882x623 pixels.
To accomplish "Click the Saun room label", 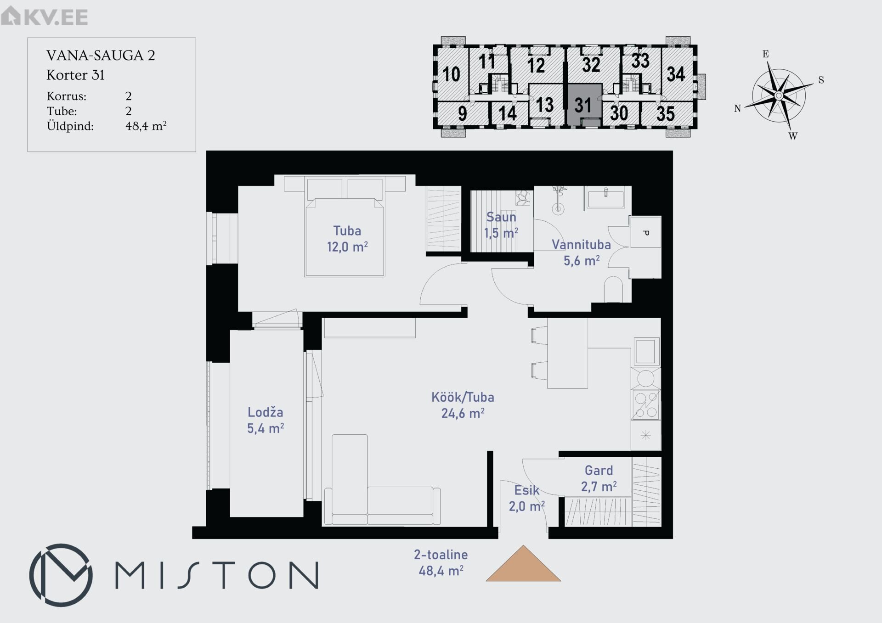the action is (x=501, y=217).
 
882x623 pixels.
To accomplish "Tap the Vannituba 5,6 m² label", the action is (x=581, y=253).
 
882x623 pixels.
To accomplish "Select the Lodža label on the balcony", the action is (x=265, y=412).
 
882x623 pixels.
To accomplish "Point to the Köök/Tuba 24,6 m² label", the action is (x=463, y=405).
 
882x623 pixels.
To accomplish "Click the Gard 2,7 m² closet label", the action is (x=599, y=478).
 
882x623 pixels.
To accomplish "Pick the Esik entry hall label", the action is (x=526, y=490).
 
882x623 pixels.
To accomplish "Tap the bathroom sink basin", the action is (x=606, y=198).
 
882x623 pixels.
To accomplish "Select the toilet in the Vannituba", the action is (x=613, y=289).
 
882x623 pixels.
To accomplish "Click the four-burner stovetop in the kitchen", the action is (x=646, y=404).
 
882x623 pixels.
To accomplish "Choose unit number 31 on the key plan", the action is (x=583, y=105).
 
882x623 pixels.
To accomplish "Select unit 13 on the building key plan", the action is (x=545, y=105).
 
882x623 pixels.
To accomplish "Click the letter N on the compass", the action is (x=737, y=109).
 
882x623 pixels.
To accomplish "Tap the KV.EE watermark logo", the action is (x=44, y=17).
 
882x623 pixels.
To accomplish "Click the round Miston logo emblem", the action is (x=61, y=575).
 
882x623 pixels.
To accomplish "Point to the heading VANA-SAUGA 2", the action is (x=101, y=56).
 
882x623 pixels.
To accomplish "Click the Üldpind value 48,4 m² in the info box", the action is (x=146, y=126).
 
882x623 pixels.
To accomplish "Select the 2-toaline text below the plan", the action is (x=441, y=555).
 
